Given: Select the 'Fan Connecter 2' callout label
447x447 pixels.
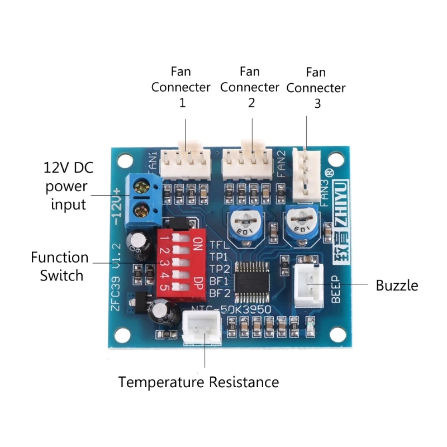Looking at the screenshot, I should click(x=250, y=87).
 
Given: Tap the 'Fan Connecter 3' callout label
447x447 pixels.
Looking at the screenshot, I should click(x=316, y=88).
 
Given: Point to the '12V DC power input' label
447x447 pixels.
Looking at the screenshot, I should click(x=65, y=186).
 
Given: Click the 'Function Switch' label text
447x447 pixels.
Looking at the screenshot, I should click(x=60, y=267).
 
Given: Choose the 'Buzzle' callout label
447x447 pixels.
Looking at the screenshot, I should click(x=397, y=286).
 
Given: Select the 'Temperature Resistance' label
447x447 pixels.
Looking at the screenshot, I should click(x=198, y=382).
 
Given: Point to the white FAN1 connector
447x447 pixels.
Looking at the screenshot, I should click(x=185, y=163).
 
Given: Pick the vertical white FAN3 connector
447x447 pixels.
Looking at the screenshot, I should click(x=306, y=175).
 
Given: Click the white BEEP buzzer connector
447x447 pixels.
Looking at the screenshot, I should click(x=308, y=283).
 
